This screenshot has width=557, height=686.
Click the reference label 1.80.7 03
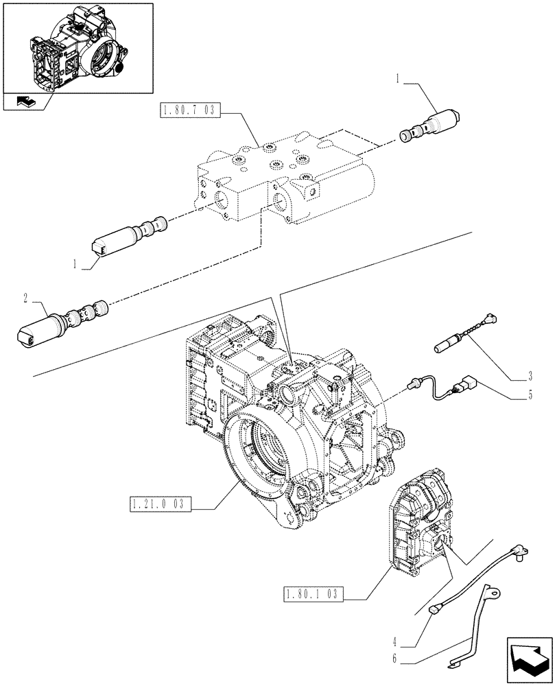tap(189, 110)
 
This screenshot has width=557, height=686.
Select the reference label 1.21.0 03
tap(158, 506)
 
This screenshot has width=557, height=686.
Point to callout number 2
tap(25, 298)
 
